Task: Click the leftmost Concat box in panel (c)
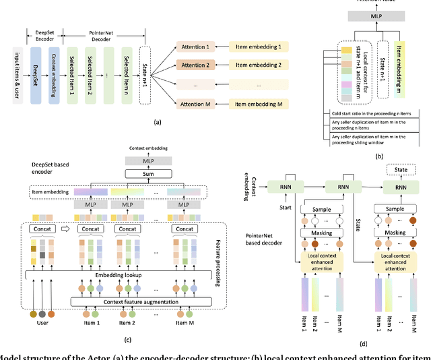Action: point(40,228)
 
